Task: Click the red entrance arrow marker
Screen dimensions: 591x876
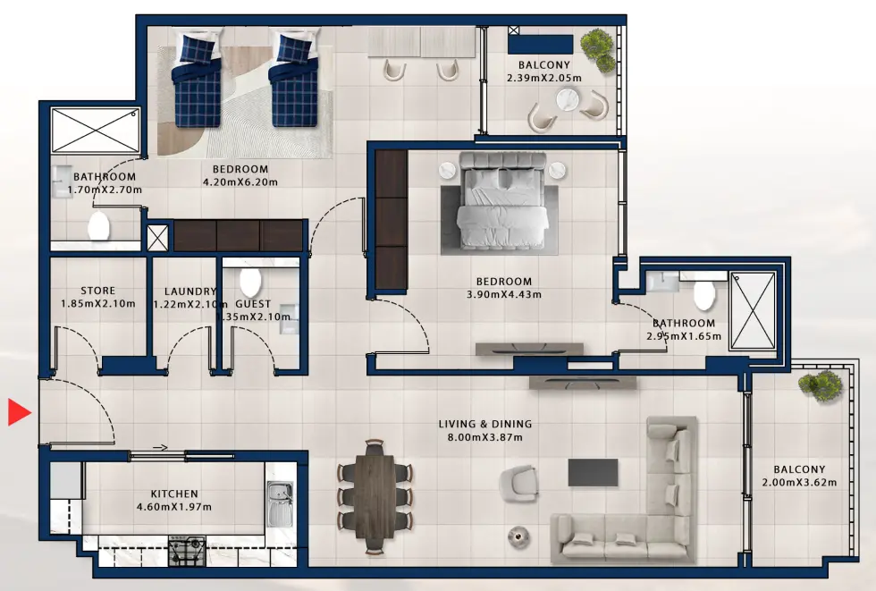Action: click(x=19, y=412)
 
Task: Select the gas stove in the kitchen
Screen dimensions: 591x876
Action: click(x=187, y=552)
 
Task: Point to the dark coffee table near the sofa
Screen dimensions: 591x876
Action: click(x=593, y=472)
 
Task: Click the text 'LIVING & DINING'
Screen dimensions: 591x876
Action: click(x=485, y=424)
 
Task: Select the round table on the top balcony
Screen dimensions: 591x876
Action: click(x=567, y=101)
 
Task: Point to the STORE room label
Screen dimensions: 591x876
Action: click(x=97, y=291)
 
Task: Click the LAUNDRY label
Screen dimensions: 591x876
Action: click(x=190, y=291)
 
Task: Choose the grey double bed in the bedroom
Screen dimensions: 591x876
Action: click(x=501, y=203)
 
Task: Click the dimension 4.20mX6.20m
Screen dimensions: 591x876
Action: click(x=240, y=182)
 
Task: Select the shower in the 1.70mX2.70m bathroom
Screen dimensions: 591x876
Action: click(x=95, y=131)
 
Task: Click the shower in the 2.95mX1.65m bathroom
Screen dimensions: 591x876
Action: click(x=753, y=310)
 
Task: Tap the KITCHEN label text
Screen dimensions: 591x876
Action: click(x=175, y=494)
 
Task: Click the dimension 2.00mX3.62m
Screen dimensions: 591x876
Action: click(x=799, y=483)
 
